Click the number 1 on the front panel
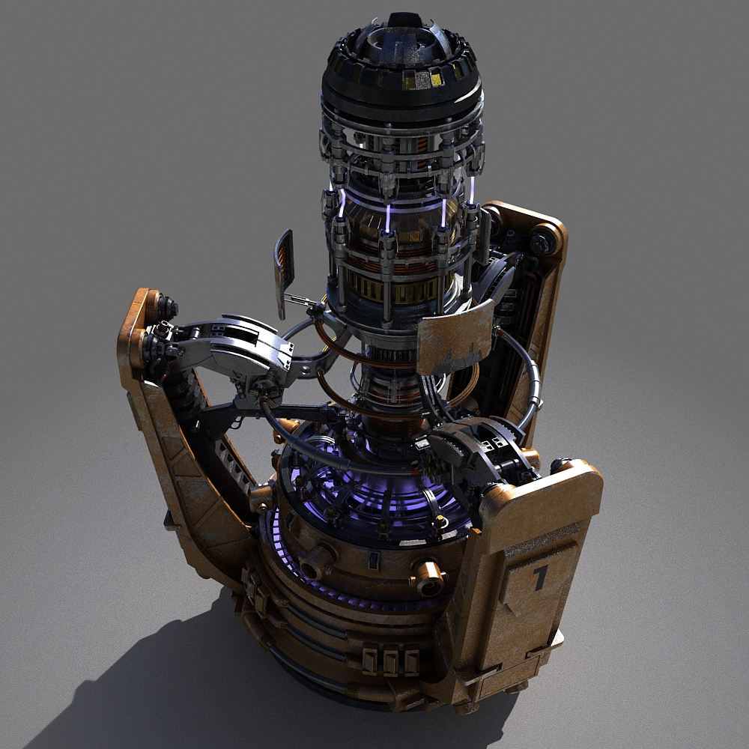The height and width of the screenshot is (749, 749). pyautogui.click(x=540, y=577)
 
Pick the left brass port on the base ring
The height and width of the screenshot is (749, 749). pyautogui.click(x=318, y=560)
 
